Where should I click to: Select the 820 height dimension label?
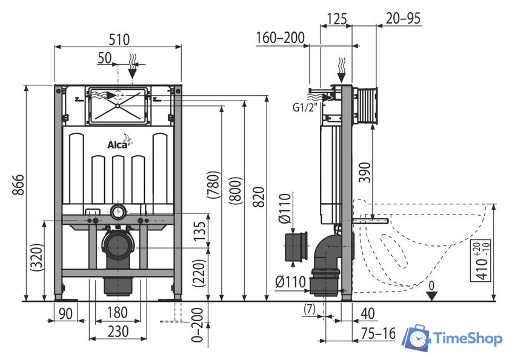point(258,195)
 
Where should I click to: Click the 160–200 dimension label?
point(280,38)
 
